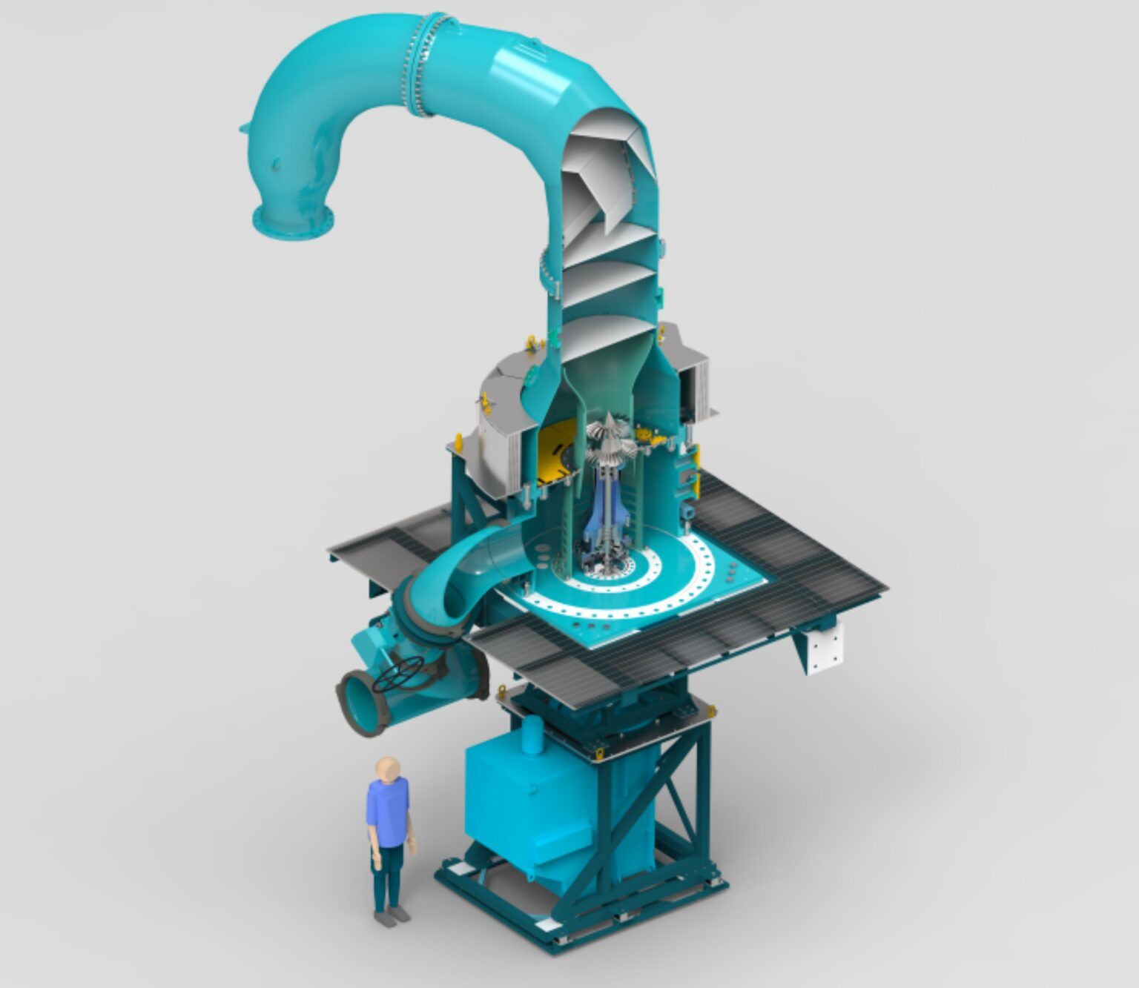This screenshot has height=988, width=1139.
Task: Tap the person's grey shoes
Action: [x=392, y=917]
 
